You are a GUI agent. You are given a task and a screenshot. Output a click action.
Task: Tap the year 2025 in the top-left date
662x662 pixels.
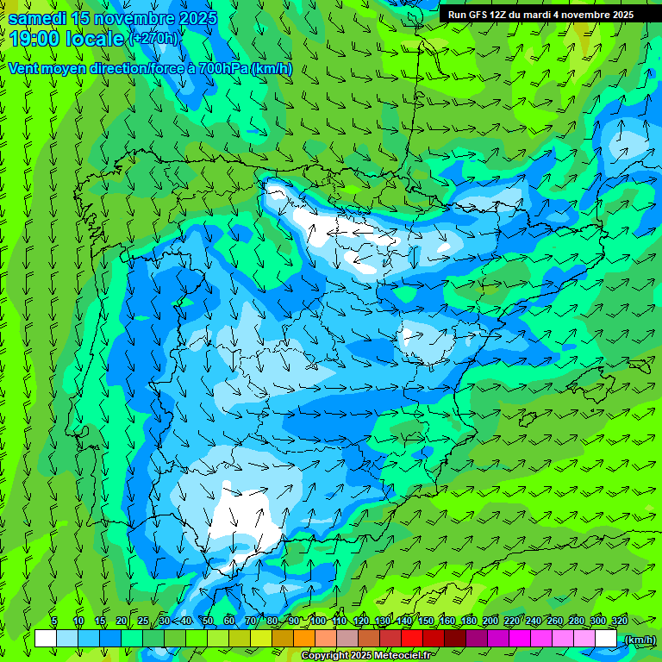[x=191, y=18]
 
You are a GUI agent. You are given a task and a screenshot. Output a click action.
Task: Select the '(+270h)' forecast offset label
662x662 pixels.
[x=153, y=38]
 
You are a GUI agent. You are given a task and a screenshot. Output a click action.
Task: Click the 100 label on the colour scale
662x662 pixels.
[x=318, y=621]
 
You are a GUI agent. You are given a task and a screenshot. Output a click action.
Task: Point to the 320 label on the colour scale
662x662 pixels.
[x=619, y=621]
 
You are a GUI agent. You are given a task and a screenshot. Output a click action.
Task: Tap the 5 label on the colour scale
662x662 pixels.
[x=54, y=621]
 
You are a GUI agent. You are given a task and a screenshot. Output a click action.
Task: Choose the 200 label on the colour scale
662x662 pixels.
[x=490, y=621]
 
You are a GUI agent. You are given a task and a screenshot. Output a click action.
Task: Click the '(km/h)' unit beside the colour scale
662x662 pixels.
[x=639, y=640]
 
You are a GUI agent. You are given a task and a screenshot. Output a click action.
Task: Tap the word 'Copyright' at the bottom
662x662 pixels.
[x=324, y=656]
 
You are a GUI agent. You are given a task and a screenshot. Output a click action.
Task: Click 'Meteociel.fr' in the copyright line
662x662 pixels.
[x=403, y=656]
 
